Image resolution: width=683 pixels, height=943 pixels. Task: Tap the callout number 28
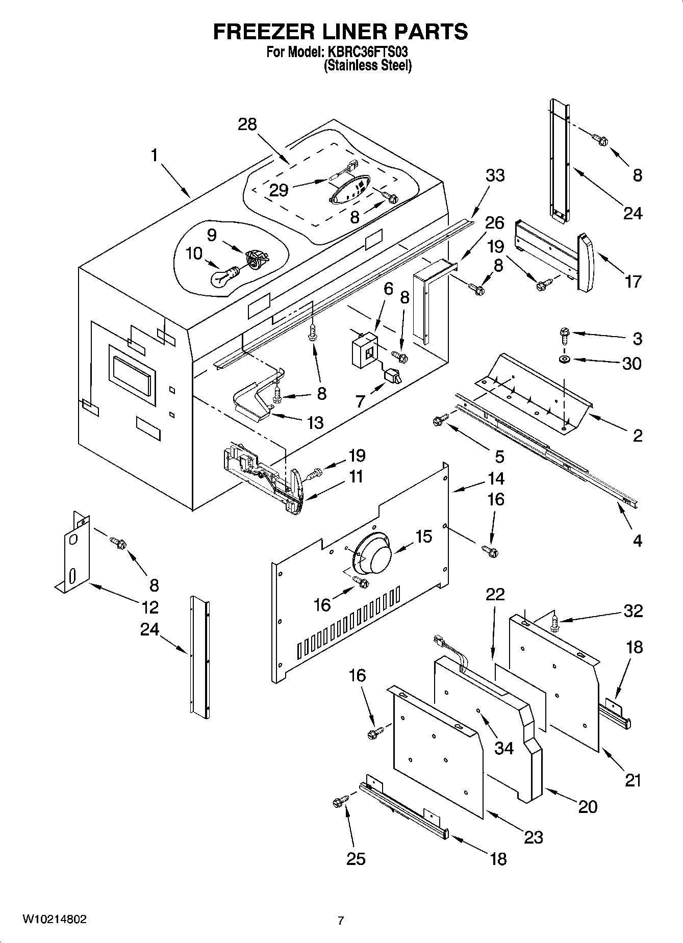coord(247,124)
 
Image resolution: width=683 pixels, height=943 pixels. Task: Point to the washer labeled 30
coord(565,360)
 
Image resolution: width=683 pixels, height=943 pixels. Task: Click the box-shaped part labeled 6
coord(364,349)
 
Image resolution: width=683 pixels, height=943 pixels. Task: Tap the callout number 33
coord(494,175)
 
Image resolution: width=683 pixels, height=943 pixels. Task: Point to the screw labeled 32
coord(554,622)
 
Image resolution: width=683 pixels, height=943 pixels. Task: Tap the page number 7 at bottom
coord(341,921)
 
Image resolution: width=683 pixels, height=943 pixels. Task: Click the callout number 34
coord(504,748)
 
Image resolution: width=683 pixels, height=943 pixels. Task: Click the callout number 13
coord(315,422)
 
